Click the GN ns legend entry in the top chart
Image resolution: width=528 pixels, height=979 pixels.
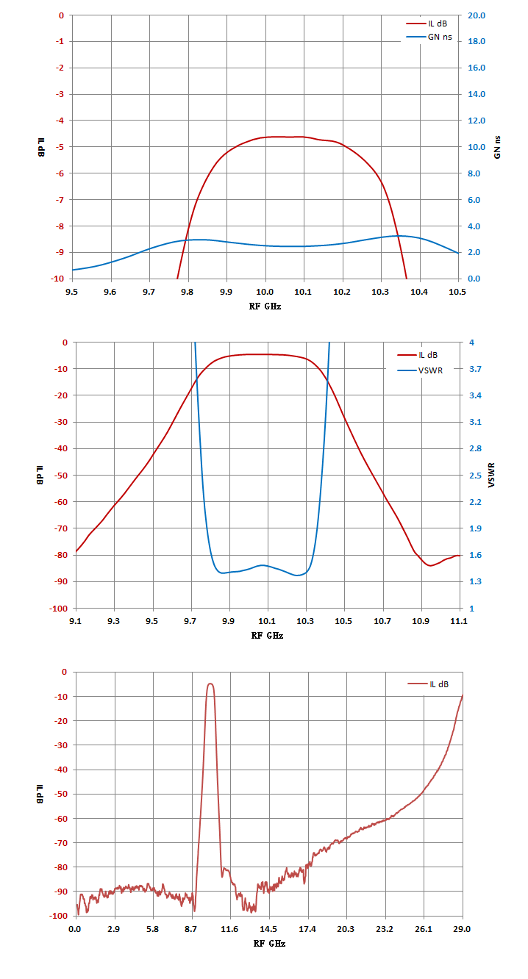(429, 37)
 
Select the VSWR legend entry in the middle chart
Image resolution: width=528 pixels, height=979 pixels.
(420, 370)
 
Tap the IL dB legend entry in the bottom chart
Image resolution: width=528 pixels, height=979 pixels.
(428, 684)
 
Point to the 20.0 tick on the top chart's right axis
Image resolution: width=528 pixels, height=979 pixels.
(477, 15)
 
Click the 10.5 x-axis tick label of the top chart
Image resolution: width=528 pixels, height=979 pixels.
(457, 292)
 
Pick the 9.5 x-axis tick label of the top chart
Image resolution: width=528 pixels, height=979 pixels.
(72, 292)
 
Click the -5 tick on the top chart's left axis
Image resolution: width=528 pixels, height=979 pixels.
(59, 147)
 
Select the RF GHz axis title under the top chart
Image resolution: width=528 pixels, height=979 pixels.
(265, 306)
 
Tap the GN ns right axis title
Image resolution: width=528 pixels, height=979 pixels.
(497, 147)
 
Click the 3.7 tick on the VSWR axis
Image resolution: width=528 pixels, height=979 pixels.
(475, 369)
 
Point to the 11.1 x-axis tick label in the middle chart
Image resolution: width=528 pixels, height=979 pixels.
(459, 621)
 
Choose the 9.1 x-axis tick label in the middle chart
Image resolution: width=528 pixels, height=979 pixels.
(75, 621)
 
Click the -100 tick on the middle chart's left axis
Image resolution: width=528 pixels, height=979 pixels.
(59, 609)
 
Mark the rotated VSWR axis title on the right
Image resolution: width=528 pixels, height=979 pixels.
(492, 475)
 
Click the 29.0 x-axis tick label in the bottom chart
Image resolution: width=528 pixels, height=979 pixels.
(462, 929)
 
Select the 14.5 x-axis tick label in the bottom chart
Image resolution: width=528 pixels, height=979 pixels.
(268, 929)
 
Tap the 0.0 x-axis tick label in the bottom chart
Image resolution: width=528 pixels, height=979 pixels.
(75, 929)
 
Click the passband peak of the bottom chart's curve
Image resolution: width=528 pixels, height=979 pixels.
(210, 684)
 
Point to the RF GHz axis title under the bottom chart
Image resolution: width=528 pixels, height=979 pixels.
(269, 944)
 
